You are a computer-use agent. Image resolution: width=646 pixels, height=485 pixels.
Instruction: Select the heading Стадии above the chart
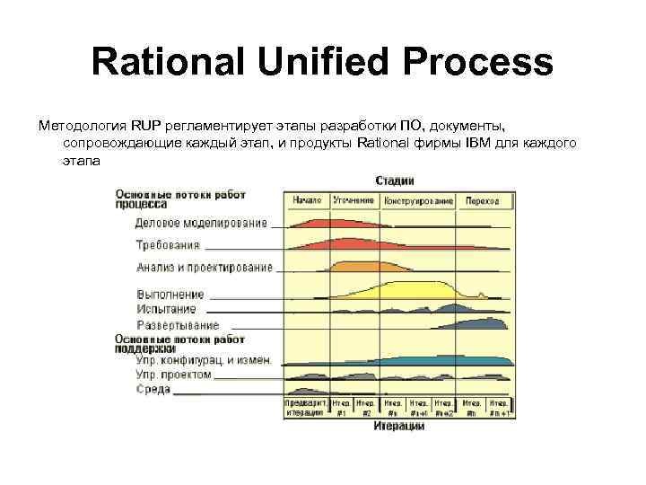coord(395,180)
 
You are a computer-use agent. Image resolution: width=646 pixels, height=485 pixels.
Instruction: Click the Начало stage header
coord(307,200)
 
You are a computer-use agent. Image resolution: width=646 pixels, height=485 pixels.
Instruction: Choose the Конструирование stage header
coord(419,200)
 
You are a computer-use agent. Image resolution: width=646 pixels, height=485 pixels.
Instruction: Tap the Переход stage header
coord(483,200)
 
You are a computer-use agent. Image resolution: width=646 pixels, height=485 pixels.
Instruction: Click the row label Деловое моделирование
coord(201,223)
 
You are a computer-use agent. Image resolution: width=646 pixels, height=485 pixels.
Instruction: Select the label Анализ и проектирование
coord(205,267)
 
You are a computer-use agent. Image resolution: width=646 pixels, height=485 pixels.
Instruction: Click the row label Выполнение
coord(170,294)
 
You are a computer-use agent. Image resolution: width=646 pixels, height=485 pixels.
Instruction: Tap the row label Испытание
coord(166,308)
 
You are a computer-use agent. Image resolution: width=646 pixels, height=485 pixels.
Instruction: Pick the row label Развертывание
coord(178,324)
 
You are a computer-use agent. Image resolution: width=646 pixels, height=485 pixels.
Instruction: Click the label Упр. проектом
coord(173,374)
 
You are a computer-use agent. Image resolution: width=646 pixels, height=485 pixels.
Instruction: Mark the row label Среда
coord(153,389)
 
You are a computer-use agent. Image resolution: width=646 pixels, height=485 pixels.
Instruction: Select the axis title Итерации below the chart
coord(399,427)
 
